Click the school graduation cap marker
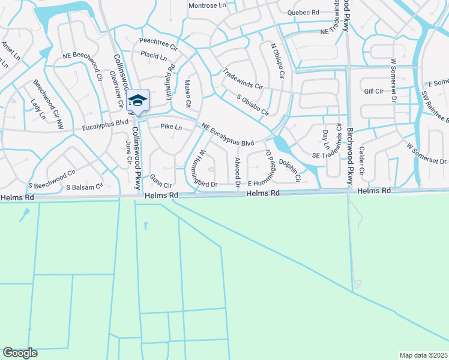pos(138,100)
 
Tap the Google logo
pos(20,353)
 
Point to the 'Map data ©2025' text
pos(423,355)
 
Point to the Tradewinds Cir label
pos(243,78)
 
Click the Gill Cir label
pos(373,91)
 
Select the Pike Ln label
pos(171,127)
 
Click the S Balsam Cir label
pos(84,187)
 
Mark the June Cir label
pos(128,152)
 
